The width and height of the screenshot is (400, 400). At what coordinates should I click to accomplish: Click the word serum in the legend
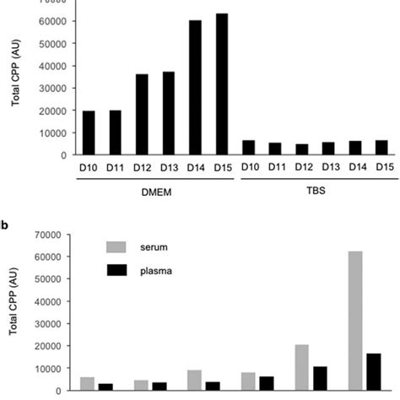tap(155, 246)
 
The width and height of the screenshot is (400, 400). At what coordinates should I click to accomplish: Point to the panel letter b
tap(5, 224)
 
